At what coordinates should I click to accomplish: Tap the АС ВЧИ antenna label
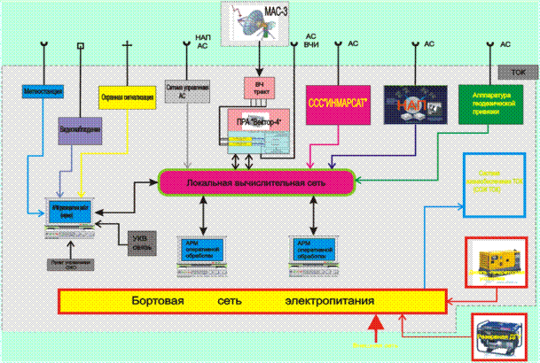point(310,40)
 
